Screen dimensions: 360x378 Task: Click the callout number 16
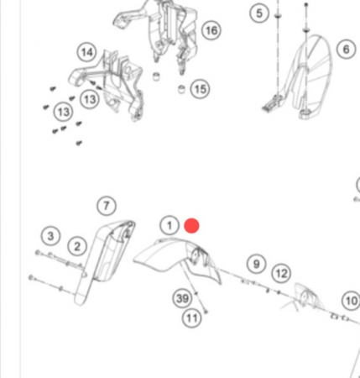tap(211, 30)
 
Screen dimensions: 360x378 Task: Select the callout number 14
tap(86, 52)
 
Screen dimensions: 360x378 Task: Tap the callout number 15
tap(200, 89)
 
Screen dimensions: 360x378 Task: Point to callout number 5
tap(259, 13)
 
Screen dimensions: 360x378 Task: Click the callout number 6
tap(347, 50)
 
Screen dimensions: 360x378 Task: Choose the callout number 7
tap(107, 206)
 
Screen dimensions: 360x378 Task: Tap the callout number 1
tap(170, 225)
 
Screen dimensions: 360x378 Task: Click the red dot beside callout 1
tap(192, 226)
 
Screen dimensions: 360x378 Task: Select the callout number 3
tap(50, 236)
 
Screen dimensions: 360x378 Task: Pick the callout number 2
tap(77, 247)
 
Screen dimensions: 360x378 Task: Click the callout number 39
tap(182, 298)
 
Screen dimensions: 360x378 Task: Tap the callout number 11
tap(192, 318)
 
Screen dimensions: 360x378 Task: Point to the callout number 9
tap(256, 264)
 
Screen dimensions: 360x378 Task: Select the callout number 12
tap(281, 274)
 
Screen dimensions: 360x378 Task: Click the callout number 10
tap(352, 301)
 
